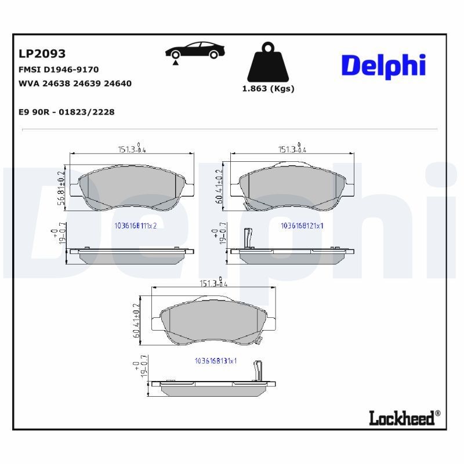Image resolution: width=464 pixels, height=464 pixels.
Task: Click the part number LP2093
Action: [x=42, y=54]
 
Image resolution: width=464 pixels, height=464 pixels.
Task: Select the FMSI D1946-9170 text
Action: [x=59, y=70]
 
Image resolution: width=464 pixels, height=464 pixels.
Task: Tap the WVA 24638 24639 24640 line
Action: [x=75, y=84]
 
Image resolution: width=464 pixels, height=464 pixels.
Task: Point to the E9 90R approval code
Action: [x=67, y=112]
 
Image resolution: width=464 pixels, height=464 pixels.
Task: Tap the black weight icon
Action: [x=268, y=61]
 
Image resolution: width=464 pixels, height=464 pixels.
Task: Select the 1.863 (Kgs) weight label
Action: [x=268, y=89]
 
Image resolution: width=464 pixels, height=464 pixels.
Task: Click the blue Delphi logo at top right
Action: [x=383, y=66]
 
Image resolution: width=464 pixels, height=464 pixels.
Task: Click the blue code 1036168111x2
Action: [x=136, y=226]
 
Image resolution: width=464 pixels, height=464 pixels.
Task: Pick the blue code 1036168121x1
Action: [x=302, y=226]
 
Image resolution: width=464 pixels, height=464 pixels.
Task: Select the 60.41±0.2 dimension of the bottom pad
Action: [x=136, y=320]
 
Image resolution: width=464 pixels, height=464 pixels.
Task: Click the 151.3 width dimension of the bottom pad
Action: [x=212, y=284]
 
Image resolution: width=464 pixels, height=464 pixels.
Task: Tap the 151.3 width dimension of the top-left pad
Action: [x=131, y=149]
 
